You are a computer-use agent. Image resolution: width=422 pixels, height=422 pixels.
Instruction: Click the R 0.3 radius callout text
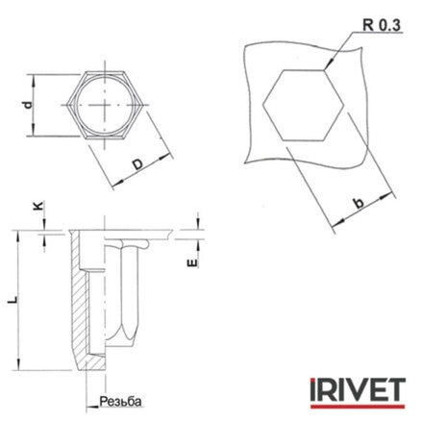tap(382, 25)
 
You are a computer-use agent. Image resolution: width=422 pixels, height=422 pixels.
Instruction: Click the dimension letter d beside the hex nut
tap(28, 105)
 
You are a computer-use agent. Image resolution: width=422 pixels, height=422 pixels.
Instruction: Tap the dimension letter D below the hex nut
tap(137, 164)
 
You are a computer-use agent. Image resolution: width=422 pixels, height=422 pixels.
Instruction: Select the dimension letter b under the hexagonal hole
tap(359, 203)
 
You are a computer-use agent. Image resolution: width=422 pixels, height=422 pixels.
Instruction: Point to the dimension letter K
tap(38, 206)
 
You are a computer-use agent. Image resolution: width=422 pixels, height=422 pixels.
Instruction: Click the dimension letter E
tap(192, 263)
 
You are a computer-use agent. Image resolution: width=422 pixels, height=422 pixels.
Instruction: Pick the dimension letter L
tap(12, 300)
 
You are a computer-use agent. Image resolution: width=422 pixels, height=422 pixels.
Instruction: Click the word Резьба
tap(120, 401)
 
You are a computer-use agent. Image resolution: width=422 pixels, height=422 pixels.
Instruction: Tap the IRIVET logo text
tap(358, 389)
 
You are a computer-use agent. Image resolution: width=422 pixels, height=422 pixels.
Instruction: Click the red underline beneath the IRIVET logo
tap(358, 406)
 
